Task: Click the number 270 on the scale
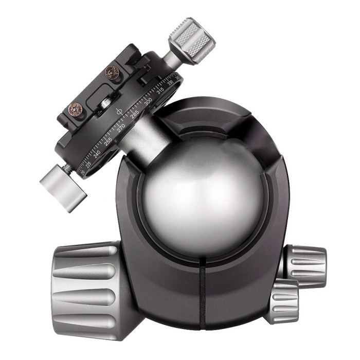point(121,128)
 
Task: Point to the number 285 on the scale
point(135,114)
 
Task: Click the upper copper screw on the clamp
point(112,73)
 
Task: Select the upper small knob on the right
point(307,263)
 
